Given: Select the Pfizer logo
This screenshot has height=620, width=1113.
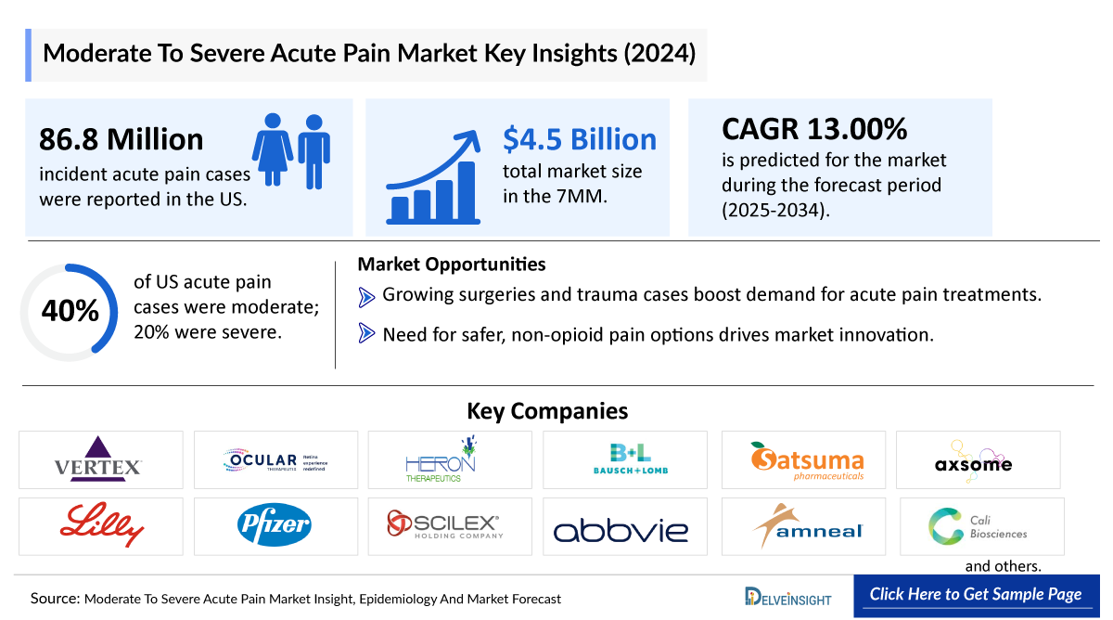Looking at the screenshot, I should coord(274,526).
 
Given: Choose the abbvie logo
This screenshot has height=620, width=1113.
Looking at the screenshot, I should coord(621,530).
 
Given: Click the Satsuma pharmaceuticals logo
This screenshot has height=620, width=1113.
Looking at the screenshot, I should coord(807,460).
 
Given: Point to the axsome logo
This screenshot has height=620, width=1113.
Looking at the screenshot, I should coord(973,462).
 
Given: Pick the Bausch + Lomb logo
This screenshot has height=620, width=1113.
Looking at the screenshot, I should coord(632,459).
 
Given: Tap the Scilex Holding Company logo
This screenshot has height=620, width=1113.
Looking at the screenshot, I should coord(445,526).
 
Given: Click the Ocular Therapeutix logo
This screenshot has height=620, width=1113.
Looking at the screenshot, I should coord(275,460).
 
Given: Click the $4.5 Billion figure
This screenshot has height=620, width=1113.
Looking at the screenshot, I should coord(580,139).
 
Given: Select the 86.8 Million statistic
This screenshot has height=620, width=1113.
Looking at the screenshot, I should coord(122,139).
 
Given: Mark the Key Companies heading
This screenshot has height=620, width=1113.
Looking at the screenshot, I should coord(547,411).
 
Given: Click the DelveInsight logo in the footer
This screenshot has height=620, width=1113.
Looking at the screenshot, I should coord(788,597).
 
